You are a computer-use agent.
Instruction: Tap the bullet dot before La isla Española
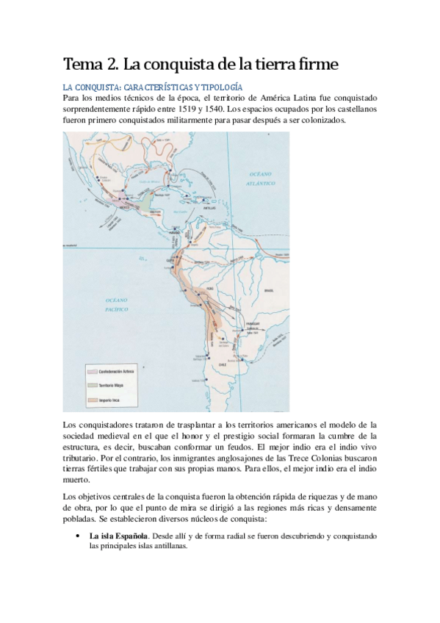[78, 537]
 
